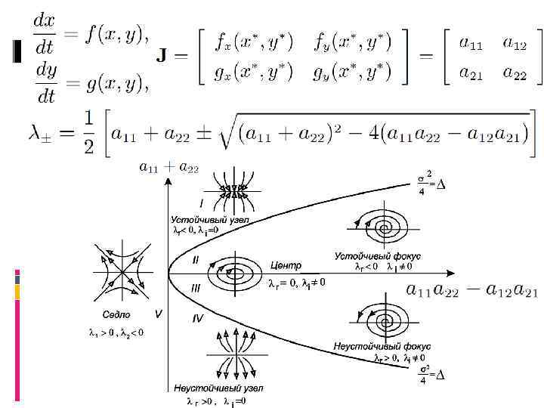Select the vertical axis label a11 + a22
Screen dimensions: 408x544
click(168, 167)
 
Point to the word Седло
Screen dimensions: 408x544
click(116, 314)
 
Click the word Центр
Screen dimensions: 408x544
click(286, 265)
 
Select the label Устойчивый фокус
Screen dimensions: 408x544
click(378, 256)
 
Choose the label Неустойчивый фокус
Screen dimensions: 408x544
click(378, 347)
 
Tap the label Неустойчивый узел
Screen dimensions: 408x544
click(207, 388)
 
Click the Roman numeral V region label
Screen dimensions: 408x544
click(158, 312)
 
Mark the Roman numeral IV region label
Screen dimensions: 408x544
click(197, 318)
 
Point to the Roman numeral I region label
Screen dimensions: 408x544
click(201, 202)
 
